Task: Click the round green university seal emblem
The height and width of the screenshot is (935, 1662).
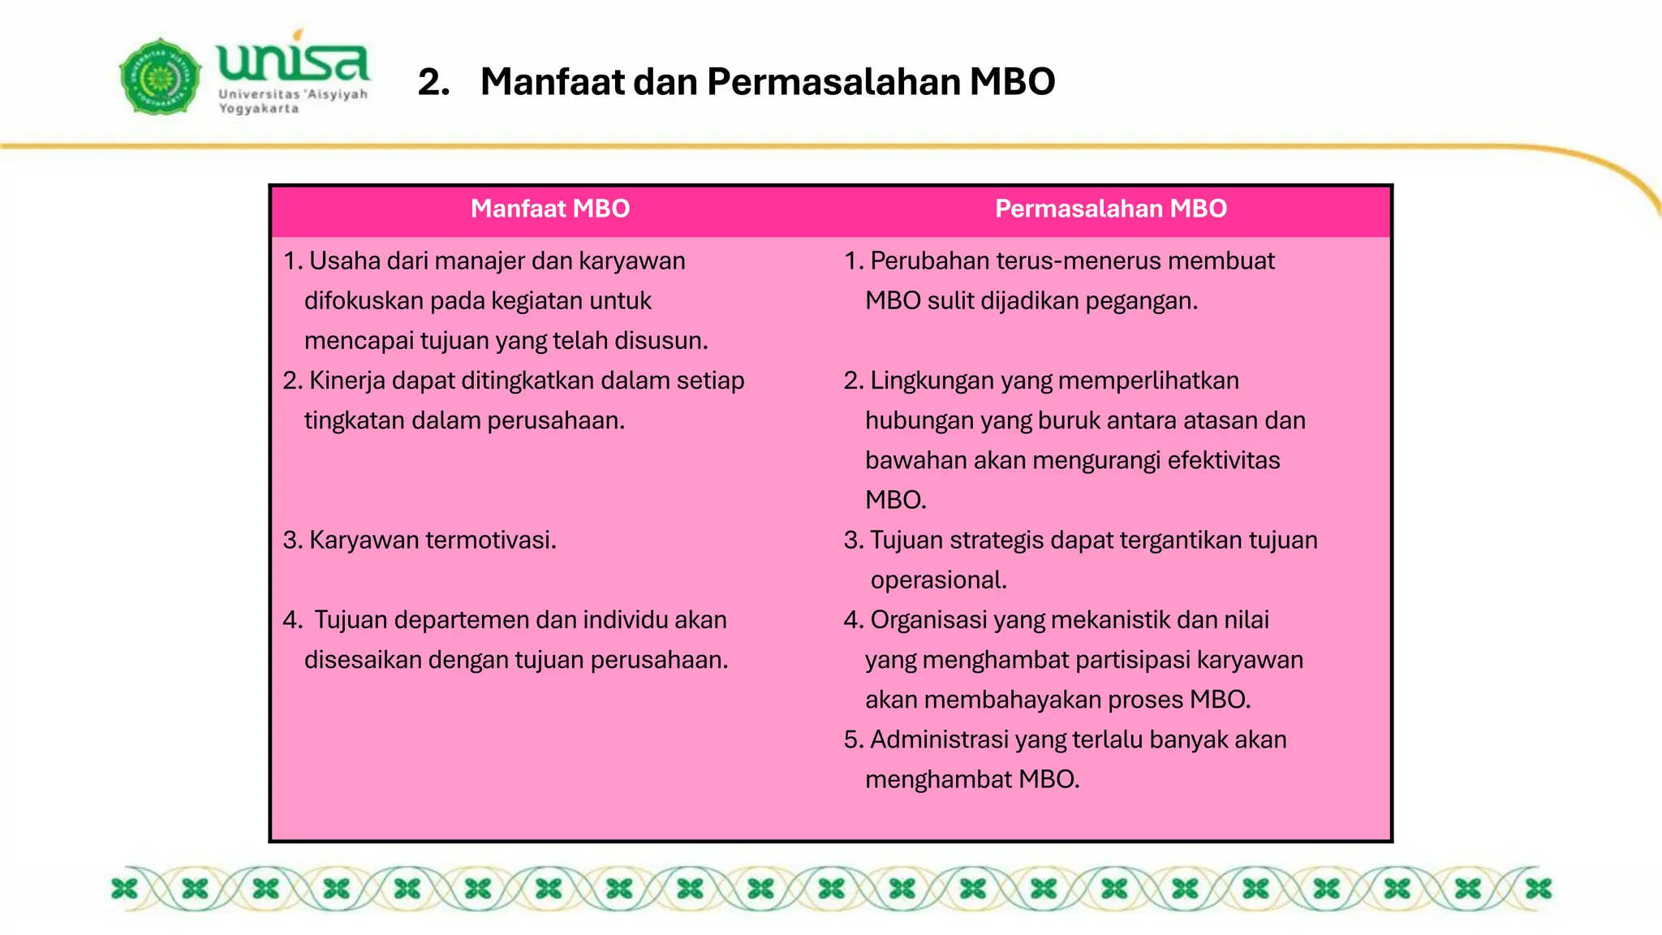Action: tap(160, 76)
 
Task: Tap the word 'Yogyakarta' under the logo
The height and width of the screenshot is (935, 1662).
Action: tap(258, 109)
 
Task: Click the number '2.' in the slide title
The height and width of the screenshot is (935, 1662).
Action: tap(434, 82)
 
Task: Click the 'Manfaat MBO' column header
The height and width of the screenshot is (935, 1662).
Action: tap(550, 209)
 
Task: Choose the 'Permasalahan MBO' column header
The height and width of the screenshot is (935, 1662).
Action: tap(1111, 209)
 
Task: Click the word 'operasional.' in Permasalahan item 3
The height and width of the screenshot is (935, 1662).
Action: tap(938, 580)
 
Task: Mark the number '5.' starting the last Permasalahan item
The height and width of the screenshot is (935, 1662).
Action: tap(853, 740)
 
